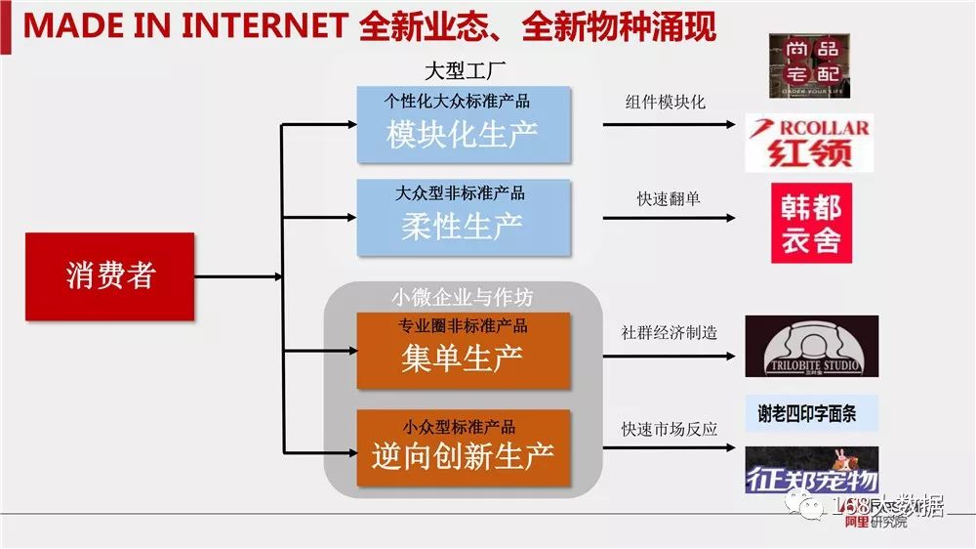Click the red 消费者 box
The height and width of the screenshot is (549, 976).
110,276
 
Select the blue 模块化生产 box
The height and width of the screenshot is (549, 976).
463,124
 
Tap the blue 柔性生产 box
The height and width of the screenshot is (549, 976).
463,218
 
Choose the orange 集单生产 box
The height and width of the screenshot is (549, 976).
463,350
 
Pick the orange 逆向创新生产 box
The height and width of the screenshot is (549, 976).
463,448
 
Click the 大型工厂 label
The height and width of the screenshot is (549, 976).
463,70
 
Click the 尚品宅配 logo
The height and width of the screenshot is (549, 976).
808,64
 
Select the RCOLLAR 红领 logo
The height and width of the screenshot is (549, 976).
808,143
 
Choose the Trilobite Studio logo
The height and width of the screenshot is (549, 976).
811,347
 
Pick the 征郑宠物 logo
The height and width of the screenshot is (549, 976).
811,470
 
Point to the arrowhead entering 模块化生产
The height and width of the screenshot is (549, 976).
350,124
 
